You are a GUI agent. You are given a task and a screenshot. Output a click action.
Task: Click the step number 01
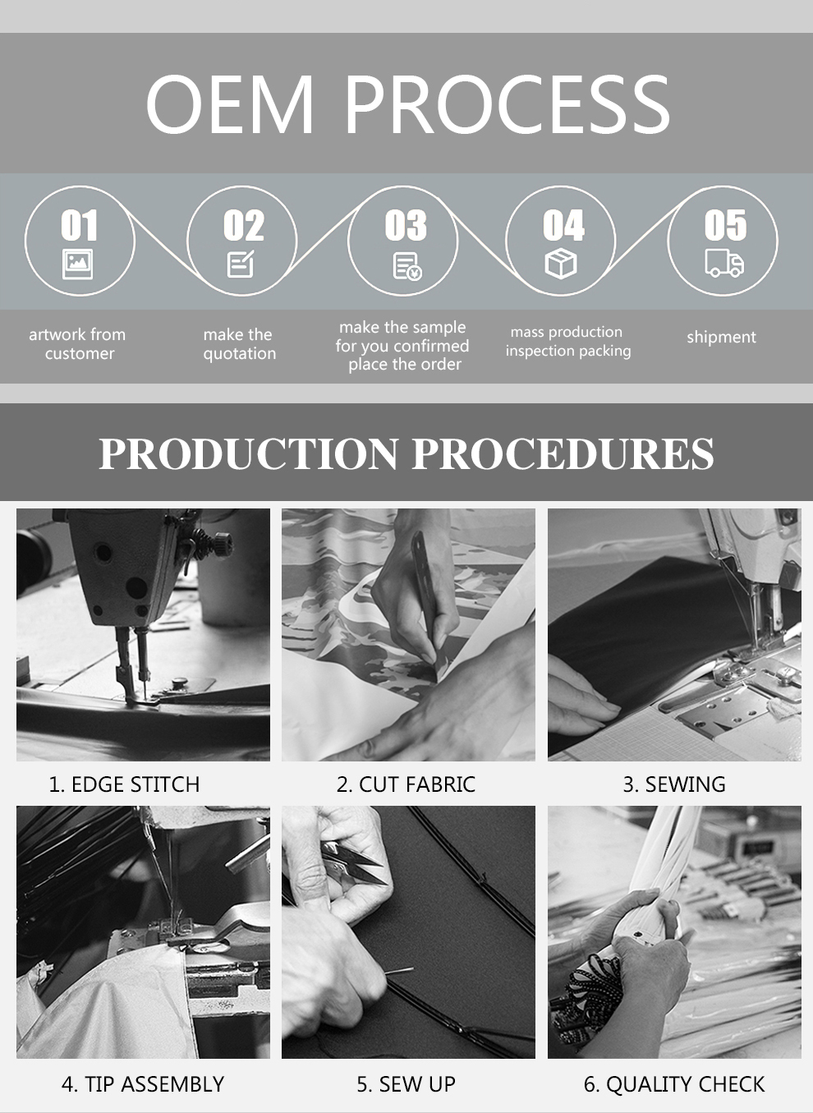pos(80,225)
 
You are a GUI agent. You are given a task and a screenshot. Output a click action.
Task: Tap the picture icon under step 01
pos(77,264)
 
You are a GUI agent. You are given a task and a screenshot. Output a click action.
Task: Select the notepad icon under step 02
pos(241,264)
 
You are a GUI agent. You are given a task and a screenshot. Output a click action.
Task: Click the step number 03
pos(405,225)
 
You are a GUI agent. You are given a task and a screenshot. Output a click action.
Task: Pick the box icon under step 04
pos(561,264)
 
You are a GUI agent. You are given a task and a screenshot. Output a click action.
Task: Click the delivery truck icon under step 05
pos(724,263)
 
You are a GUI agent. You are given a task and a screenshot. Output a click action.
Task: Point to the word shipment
pos(721,338)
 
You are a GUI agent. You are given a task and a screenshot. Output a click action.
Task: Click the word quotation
pos(239,354)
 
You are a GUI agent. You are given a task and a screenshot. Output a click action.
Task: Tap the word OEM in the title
pos(229,104)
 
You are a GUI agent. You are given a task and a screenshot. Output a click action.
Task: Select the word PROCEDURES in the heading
pos(563,453)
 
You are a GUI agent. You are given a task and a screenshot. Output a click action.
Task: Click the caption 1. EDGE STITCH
pos(124,784)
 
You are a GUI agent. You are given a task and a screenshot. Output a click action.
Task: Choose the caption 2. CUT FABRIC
pos(406,784)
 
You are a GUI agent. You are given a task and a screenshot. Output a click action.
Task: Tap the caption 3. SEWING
pos(674,784)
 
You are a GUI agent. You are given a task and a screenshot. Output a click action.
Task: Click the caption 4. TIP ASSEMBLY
pos(143,1084)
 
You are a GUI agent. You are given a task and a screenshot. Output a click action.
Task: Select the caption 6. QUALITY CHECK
pos(674,1084)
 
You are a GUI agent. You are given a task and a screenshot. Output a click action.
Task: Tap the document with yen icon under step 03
pos(407,266)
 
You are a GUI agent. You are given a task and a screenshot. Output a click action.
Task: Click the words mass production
pos(566,332)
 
